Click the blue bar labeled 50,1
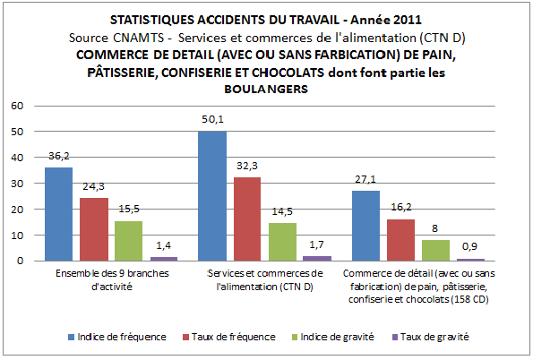pyautogui.click(x=212, y=196)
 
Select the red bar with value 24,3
pyautogui.click(x=94, y=229)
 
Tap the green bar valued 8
pyautogui.click(x=435, y=251)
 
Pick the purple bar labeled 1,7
pyautogui.click(x=317, y=259)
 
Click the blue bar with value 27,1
pyautogui.click(x=365, y=226)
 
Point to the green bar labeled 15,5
pyautogui.click(x=128, y=241)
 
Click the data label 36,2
pyautogui.click(x=59, y=156)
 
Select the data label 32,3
pyautogui.click(x=247, y=166)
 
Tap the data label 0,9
pyautogui.click(x=469, y=246)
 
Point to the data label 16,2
pyautogui.click(x=401, y=207)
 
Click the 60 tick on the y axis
pyautogui.click(x=17, y=106)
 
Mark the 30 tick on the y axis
pyautogui.click(x=17, y=184)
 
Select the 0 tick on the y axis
pyautogui.click(x=21, y=261)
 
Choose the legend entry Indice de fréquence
pyautogui.click(x=117, y=337)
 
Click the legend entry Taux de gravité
pyautogui.click(x=430, y=337)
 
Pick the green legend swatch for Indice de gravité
pyautogui.click(x=295, y=338)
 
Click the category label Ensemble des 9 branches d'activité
pyautogui.click(x=112, y=280)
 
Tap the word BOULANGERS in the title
pyautogui.click(x=266, y=89)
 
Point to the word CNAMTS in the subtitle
pyautogui.click(x=139, y=38)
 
